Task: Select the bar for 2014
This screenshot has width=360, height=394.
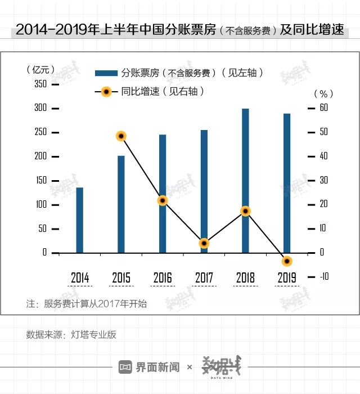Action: (79, 220)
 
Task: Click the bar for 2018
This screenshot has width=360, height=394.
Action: (245, 181)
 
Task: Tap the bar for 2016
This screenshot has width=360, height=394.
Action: (163, 194)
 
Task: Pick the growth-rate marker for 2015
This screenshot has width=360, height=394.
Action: (121, 136)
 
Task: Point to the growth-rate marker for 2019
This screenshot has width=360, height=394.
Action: (287, 261)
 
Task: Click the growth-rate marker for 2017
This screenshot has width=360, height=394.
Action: (204, 243)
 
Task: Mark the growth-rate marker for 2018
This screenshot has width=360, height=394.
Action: (245, 211)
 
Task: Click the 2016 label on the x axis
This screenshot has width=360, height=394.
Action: (163, 277)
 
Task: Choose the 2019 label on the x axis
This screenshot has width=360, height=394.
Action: (287, 277)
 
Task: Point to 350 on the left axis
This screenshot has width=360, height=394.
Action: (41, 84)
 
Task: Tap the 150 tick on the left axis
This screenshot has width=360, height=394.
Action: (41, 180)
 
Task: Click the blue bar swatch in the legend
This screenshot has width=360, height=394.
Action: (105, 73)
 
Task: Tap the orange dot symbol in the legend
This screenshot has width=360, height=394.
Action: (105, 91)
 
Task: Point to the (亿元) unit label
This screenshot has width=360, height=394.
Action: (41, 70)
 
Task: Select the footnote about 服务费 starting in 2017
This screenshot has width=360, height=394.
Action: (87, 304)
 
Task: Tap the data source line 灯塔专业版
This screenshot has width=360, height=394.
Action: (71, 334)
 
